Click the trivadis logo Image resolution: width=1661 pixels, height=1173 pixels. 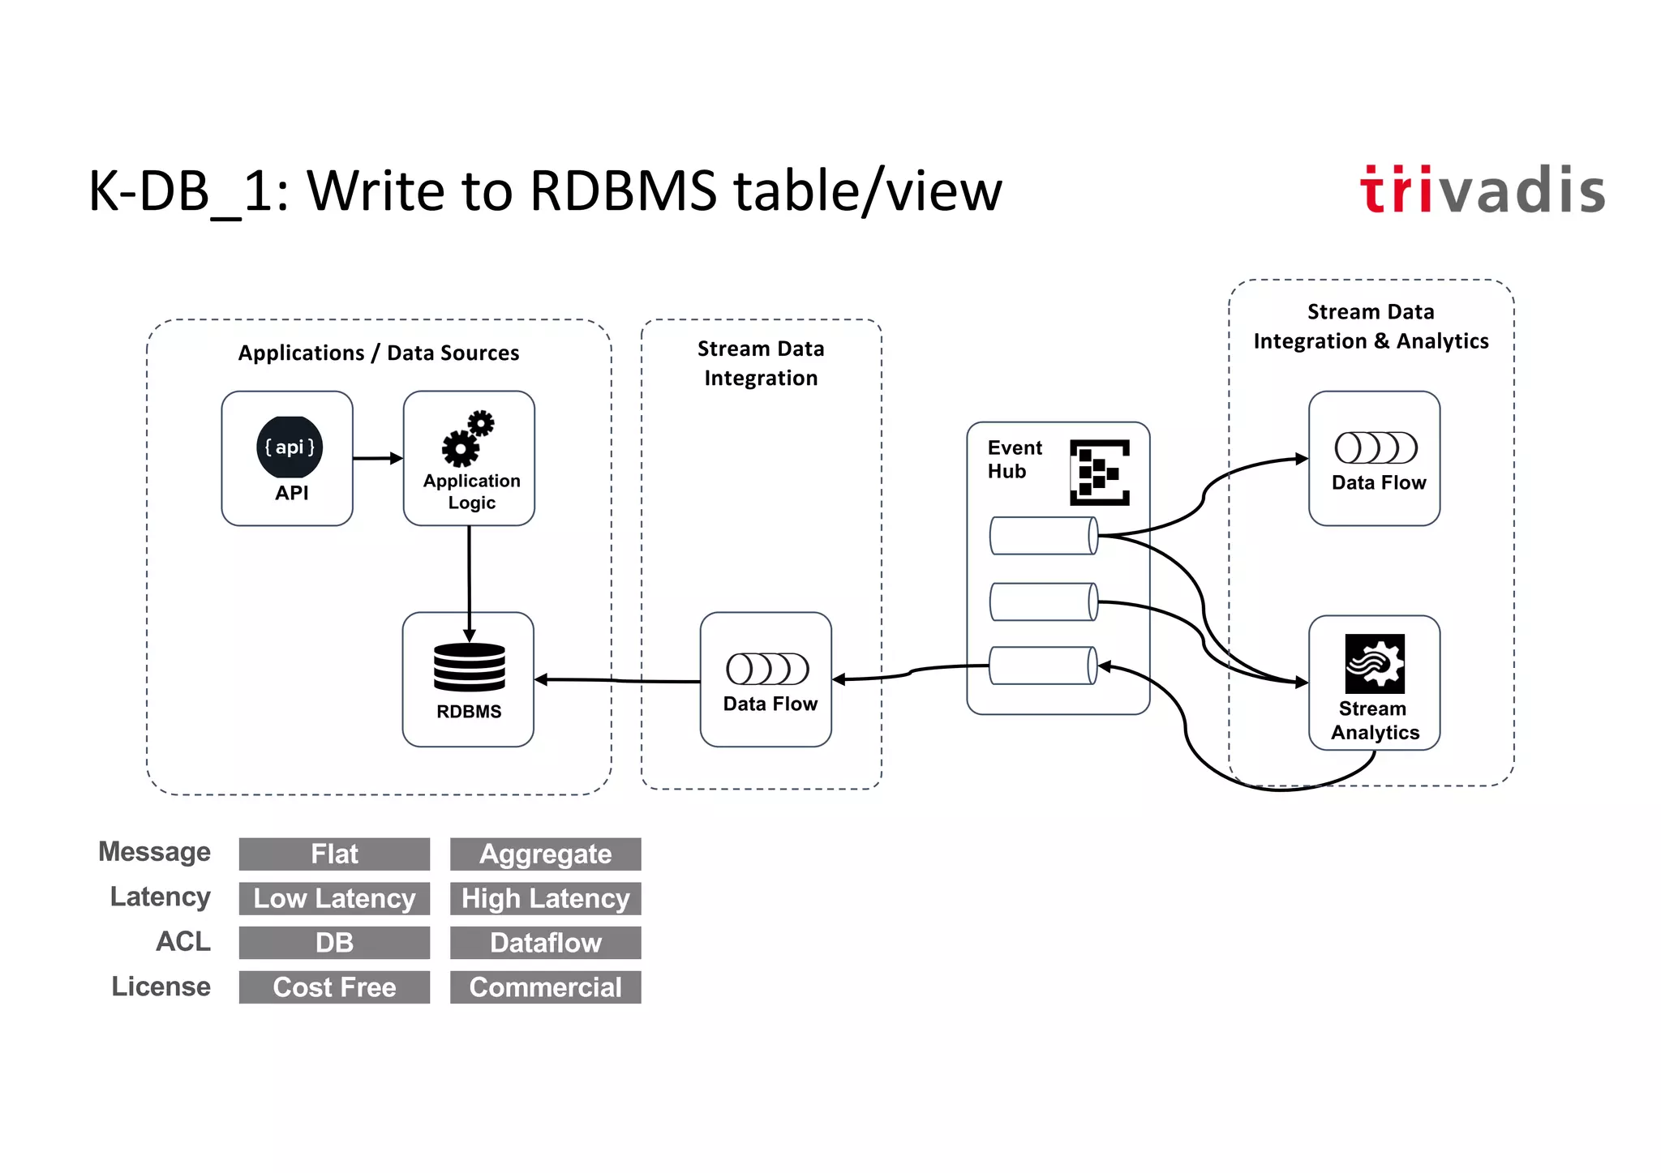pyautogui.click(x=1482, y=190)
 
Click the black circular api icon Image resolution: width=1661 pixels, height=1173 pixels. pyautogui.click(x=290, y=447)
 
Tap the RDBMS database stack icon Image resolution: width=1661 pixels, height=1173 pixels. pyautogui.click(x=469, y=667)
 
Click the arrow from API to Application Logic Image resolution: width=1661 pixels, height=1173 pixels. pyautogui.click(x=378, y=458)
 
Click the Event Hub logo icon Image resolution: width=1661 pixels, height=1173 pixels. pyautogui.click(x=1099, y=472)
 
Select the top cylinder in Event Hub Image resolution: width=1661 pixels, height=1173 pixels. pyautogui.click(x=1044, y=536)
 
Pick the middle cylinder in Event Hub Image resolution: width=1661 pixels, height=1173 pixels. pyautogui.click(x=1044, y=601)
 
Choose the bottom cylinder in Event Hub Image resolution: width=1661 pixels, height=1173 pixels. pyautogui.click(x=1044, y=666)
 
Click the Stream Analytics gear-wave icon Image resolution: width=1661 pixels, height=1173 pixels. pyautogui.click(x=1374, y=663)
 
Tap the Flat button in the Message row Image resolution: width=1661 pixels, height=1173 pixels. pyautogui.click(x=334, y=854)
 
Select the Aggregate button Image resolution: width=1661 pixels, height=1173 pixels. pyautogui.click(x=545, y=854)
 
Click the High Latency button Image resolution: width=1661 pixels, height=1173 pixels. pyautogui.click(x=545, y=898)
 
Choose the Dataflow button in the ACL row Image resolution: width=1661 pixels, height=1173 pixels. pyautogui.click(x=545, y=943)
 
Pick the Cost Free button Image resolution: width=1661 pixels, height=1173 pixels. pyautogui.click(x=334, y=987)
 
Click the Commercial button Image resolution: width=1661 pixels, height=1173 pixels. pyautogui.click(x=545, y=987)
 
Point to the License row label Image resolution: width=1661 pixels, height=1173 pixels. pyautogui.click(x=161, y=987)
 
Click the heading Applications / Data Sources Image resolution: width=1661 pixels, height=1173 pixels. pyautogui.click(x=378, y=353)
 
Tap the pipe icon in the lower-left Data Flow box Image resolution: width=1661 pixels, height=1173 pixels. pyautogui.click(x=767, y=669)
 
